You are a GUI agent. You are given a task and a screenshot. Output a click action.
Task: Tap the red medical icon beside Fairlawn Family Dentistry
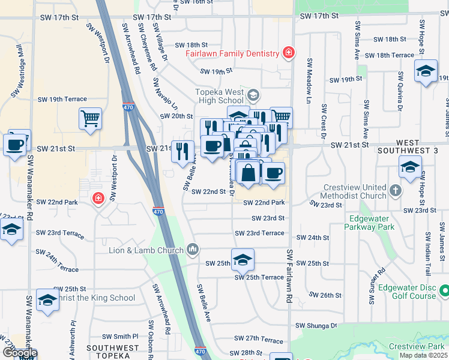[x=288, y=53]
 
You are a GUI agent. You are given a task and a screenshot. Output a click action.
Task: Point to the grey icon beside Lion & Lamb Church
[x=193, y=248]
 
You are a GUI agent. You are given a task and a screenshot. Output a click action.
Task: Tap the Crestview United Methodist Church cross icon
[x=395, y=191]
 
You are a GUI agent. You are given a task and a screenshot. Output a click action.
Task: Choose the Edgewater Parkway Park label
[x=369, y=223]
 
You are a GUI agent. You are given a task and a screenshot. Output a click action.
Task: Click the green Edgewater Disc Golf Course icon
[x=444, y=292]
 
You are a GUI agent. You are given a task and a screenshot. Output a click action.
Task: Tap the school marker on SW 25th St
[x=243, y=259]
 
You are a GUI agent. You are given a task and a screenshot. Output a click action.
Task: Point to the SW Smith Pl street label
[x=120, y=337]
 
